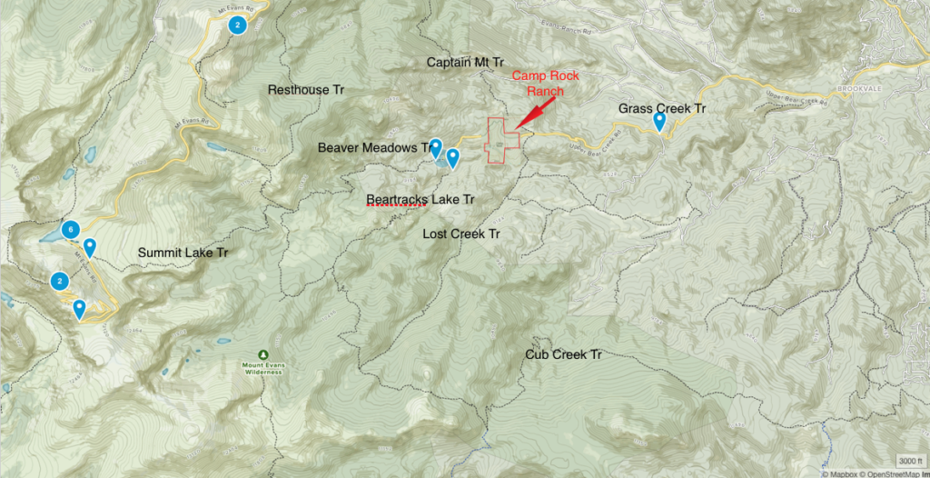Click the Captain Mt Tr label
point(465,62)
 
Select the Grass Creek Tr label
point(662,108)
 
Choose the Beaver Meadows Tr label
point(373,147)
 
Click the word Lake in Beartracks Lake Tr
point(443,198)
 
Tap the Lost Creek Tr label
point(461,234)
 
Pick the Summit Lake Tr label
point(183,253)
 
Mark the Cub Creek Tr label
point(563,354)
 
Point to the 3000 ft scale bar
point(911,459)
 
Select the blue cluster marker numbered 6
point(69,229)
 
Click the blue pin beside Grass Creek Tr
point(659,121)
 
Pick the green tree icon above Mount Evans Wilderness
point(262,354)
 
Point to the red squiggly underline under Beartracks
point(395,206)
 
